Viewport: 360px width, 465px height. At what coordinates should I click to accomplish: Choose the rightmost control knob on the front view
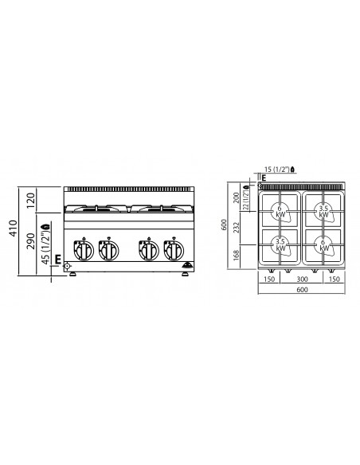[x=171, y=250]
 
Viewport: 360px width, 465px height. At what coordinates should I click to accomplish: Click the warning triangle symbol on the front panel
[x=187, y=266]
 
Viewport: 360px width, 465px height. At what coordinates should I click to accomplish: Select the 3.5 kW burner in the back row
[x=323, y=212]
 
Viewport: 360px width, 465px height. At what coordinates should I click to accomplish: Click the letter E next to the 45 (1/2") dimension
[x=58, y=256]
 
